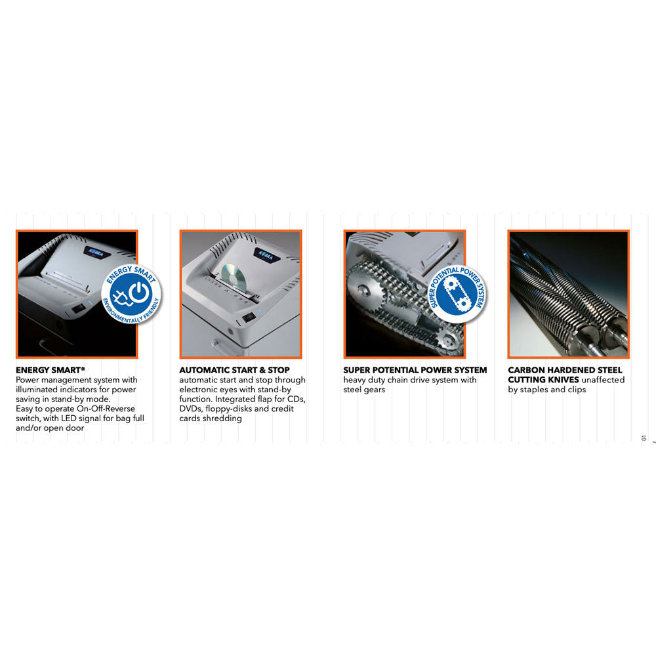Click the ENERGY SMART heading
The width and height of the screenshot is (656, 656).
pyautogui.click(x=51, y=370)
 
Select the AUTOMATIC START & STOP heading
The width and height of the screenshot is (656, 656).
pyautogui.click(x=234, y=370)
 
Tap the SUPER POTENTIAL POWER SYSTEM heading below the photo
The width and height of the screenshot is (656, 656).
pyautogui.click(x=415, y=370)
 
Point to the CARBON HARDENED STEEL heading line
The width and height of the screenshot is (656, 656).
pyautogui.click(x=565, y=370)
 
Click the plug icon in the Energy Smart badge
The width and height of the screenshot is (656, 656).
pyautogui.click(x=121, y=297)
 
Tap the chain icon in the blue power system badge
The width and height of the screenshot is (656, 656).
pyautogui.click(x=457, y=293)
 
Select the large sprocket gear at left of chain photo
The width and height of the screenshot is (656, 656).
pyautogui.click(x=365, y=289)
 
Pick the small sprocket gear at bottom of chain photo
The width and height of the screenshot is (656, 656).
pyautogui.click(x=447, y=342)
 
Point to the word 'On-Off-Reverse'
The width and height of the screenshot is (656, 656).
pyautogui.click(x=106, y=409)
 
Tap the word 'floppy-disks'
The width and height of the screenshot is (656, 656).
pyautogui.click(x=228, y=409)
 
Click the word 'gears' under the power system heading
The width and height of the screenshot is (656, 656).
pyautogui.click(x=375, y=390)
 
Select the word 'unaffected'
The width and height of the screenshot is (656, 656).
pyautogui.click(x=603, y=380)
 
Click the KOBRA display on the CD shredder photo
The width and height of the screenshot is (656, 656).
pyautogui.click(x=264, y=255)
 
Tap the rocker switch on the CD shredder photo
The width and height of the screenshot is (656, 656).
pyautogui.click(x=249, y=318)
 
